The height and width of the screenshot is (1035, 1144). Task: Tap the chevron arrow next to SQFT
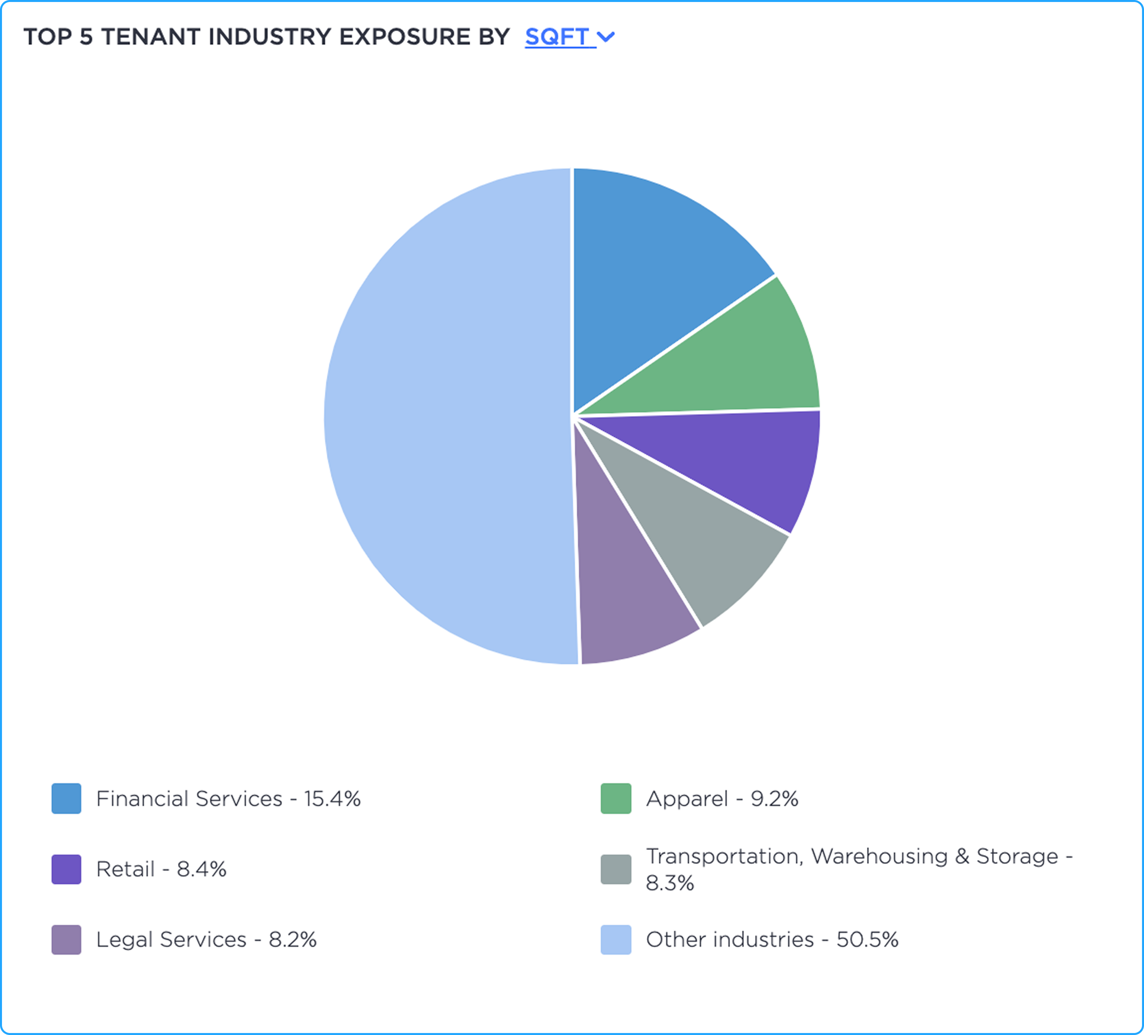coord(606,37)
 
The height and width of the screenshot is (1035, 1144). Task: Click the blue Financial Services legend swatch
coord(66,798)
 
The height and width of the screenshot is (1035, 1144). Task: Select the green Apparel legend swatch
coord(616,798)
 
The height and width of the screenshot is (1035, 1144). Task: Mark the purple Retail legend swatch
coord(66,869)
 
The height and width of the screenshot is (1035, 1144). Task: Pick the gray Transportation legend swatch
coord(616,869)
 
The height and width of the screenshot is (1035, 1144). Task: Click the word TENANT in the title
coord(150,37)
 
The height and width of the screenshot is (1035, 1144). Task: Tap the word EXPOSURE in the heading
coord(404,37)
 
